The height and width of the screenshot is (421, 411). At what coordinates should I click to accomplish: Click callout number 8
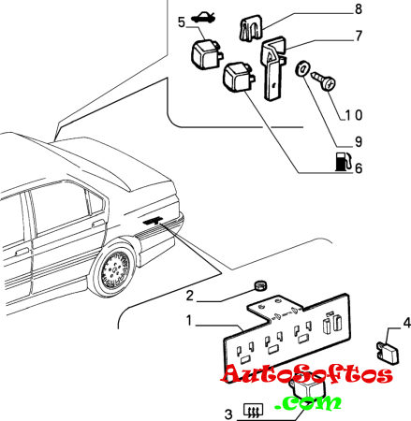pos(359,8)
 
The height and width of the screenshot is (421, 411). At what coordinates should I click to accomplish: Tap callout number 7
pos(359,36)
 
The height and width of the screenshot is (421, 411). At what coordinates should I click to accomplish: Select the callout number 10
pos(354,115)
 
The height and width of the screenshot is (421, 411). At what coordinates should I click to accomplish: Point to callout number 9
pos(359,142)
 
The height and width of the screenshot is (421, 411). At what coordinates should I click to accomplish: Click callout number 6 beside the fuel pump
pos(359,168)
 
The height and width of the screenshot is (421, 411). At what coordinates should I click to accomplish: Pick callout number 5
pos(182,22)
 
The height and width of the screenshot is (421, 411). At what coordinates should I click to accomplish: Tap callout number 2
pos(190,296)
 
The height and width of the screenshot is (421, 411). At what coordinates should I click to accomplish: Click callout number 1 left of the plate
pos(189,320)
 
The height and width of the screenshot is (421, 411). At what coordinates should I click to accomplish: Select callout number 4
pos(407,323)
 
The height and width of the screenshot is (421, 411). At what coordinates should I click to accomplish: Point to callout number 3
pos(228,414)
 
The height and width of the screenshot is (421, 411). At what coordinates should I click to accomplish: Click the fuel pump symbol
pos(344,162)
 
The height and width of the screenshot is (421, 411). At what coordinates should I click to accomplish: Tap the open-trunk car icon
pos(202,18)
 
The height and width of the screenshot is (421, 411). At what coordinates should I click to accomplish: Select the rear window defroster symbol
pos(254,411)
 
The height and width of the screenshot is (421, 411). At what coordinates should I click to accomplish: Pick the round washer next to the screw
pos(301,68)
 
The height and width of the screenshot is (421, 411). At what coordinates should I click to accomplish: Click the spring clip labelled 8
pos(251,28)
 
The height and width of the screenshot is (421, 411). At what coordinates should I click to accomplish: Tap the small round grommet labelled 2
pos(260,285)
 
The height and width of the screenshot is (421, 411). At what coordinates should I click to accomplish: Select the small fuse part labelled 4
pos(388,354)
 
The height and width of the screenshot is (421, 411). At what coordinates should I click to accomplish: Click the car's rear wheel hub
pos(114,269)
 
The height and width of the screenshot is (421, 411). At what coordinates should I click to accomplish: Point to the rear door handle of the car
pos(98,224)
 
